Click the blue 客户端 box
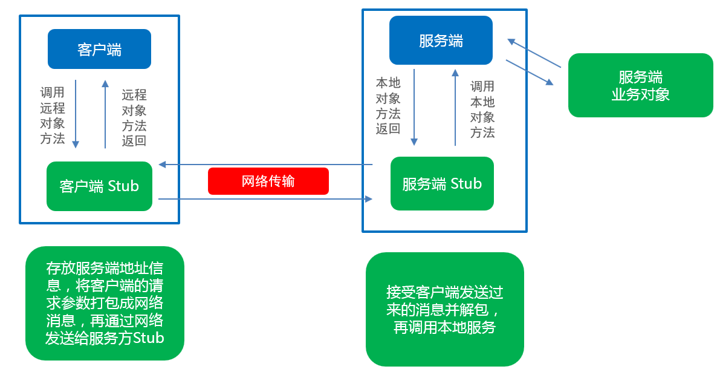tap(99, 49)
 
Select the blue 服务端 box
tap(441, 41)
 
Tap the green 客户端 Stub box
tap(99, 186)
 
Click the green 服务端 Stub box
tap(442, 184)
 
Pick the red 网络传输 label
tap(268, 181)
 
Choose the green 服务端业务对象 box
tap(640, 85)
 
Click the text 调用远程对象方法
tap(53, 116)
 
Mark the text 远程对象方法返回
tap(134, 118)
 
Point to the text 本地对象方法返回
tap(388, 106)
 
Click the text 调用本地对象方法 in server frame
tap(482, 109)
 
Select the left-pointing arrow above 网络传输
tap(266, 164)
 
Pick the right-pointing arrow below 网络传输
tap(266, 198)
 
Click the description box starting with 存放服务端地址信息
tap(105, 303)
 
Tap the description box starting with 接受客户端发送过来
tap(444, 309)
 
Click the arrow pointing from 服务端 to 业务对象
tap(530, 72)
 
